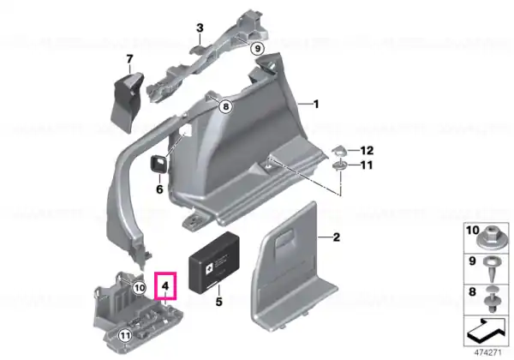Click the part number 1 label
(315, 105)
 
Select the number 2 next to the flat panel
(337, 237)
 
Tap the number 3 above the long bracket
(200, 28)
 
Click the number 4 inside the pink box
(165, 286)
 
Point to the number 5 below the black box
(218, 302)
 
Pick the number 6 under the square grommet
(159, 189)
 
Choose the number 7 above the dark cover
(130, 59)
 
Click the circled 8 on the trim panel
(225, 106)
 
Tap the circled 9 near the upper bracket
(257, 49)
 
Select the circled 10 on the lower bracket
(140, 288)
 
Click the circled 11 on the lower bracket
(125, 335)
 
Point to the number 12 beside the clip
(367, 151)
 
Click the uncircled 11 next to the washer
(367, 165)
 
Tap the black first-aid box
(214, 261)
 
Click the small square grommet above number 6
(158, 163)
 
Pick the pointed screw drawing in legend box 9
(491, 268)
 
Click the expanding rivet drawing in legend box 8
(493, 299)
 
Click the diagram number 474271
(487, 353)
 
